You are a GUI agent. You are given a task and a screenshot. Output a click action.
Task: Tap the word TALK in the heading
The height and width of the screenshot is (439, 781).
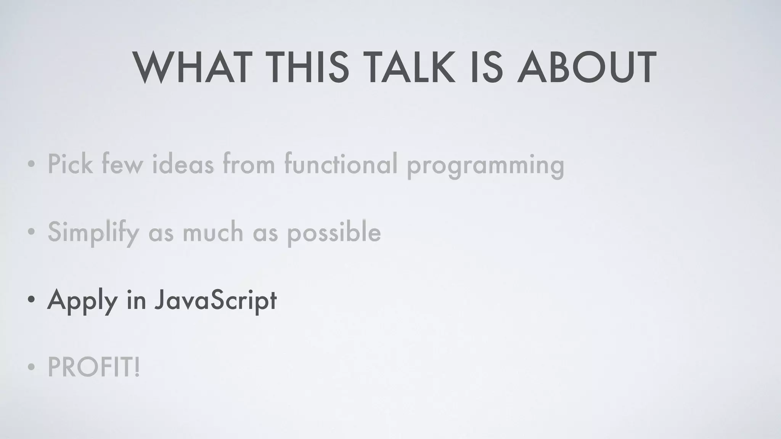(x=411, y=68)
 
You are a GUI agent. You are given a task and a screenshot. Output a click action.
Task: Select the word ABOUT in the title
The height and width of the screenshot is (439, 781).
(x=587, y=68)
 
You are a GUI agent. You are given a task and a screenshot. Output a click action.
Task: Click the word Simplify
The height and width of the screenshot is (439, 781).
(x=93, y=232)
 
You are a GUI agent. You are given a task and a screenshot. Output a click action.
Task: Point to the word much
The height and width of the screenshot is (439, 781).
(x=213, y=232)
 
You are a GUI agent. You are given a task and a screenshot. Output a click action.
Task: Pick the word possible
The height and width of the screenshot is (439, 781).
(x=334, y=233)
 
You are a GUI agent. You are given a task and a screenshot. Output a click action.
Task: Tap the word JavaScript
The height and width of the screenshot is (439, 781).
(x=215, y=300)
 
